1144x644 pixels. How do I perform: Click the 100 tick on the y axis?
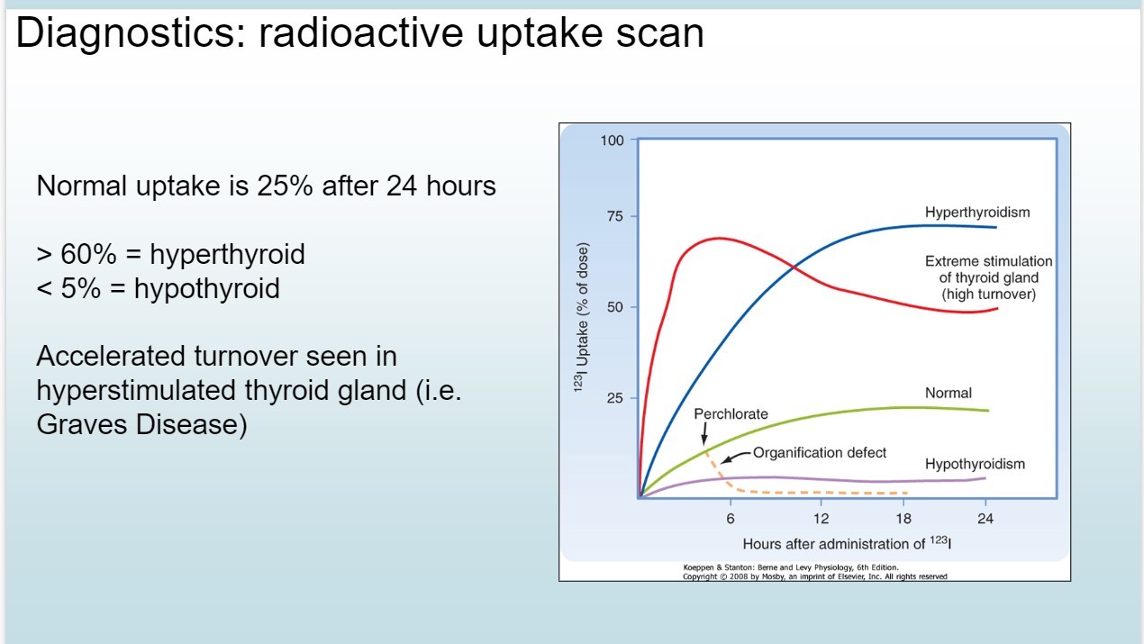click(613, 141)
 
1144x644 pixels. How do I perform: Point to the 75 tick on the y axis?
click(615, 216)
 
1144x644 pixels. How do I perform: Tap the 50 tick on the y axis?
click(615, 307)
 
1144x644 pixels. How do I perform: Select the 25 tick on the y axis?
click(615, 398)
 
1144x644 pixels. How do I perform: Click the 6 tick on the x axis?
click(731, 519)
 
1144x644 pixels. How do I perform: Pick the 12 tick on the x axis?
click(821, 519)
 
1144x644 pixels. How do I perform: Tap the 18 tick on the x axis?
click(903, 519)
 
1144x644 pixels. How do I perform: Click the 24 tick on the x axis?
click(985, 519)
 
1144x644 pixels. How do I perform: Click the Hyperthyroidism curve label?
click(977, 213)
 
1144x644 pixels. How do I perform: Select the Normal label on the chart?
click(949, 394)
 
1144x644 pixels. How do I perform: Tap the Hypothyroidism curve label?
click(975, 464)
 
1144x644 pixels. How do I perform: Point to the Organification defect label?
click(820, 453)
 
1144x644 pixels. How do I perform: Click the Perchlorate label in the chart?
click(731, 413)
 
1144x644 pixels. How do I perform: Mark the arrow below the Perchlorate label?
click(704, 434)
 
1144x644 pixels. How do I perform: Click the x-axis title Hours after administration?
click(847, 543)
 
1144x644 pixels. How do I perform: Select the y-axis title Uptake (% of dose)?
click(582, 317)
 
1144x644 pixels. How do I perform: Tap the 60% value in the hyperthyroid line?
click(88, 254)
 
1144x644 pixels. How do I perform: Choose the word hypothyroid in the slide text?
click(207, 289)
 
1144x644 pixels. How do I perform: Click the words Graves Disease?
click(141, 424)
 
